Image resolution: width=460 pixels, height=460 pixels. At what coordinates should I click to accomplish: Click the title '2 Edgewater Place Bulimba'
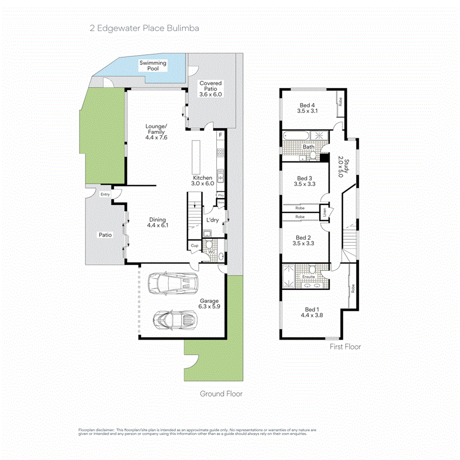(144, 28)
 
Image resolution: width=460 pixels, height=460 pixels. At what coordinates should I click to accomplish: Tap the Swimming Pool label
(153, 65)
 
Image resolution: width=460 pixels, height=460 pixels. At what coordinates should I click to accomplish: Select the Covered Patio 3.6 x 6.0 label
(211, 88)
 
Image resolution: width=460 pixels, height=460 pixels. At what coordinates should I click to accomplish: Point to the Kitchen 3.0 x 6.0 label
(202, 180)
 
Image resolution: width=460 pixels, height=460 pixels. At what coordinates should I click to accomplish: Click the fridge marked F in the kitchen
(220, 135)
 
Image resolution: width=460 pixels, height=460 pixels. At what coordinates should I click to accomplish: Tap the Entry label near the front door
(105, 194)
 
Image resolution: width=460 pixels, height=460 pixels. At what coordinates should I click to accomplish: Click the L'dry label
(213, 220)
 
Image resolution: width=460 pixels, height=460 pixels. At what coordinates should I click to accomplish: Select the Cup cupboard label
(194, 246)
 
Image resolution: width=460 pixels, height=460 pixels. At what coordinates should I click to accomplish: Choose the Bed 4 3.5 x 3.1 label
(308, 107)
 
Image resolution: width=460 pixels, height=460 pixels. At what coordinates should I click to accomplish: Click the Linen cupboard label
(324, 211)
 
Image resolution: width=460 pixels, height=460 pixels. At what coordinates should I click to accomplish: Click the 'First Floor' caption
(345, 347)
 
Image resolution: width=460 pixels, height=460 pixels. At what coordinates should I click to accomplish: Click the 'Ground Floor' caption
(221, 394)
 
